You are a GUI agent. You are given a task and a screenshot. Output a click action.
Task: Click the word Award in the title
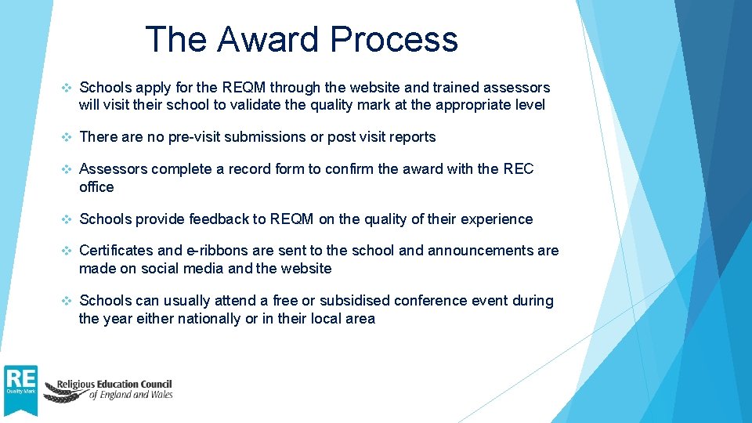coord(266,39)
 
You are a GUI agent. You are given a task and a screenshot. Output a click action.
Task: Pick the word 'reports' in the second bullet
coord(410,137)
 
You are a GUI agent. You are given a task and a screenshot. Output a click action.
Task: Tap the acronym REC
coord(518,169)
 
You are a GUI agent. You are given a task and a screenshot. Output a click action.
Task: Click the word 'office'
coord(96,187)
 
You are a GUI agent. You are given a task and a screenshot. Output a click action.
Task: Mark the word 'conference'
coord(430,301)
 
